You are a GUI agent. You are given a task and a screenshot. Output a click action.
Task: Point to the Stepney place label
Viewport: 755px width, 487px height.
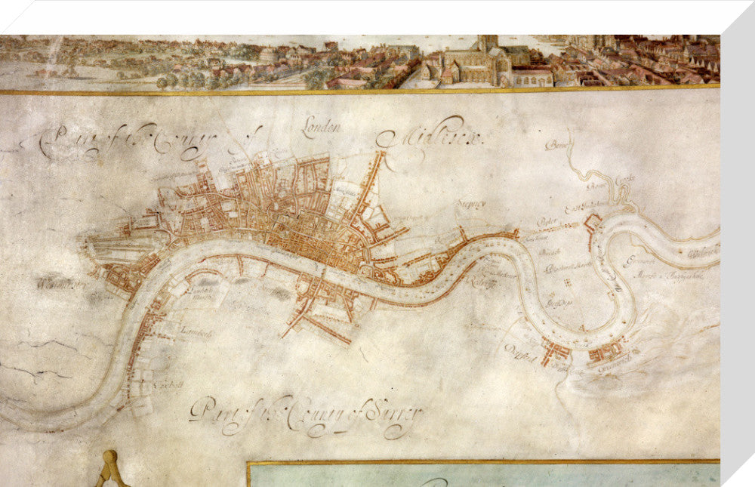469,203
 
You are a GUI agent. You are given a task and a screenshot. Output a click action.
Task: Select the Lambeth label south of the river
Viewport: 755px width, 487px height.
196,331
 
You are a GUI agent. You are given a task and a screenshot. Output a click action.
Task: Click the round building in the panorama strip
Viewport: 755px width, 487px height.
268,55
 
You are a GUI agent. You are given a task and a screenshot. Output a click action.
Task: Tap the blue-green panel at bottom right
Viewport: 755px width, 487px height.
483,475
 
